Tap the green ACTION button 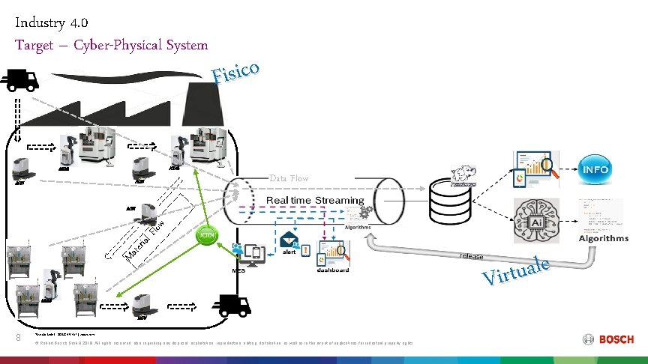(207, 235)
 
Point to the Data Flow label (289, 178)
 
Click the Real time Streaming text (315, 201)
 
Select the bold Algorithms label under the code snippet (603, 238)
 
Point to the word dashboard (332, 270)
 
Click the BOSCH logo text (616, 339)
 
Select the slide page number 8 (19, 339)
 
